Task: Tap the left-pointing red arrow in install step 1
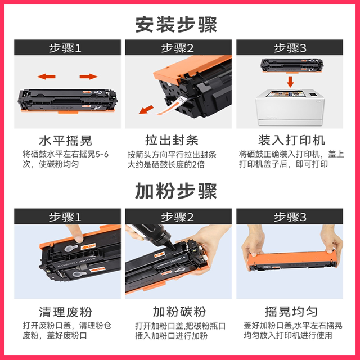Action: (47, 76)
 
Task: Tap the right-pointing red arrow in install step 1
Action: (88, 76)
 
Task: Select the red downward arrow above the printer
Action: (291, 82)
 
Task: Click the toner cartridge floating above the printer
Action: (291, 64)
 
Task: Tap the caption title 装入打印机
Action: (291, 140)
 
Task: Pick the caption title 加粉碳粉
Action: (179, 311)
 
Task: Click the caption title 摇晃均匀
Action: (291, 311)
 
